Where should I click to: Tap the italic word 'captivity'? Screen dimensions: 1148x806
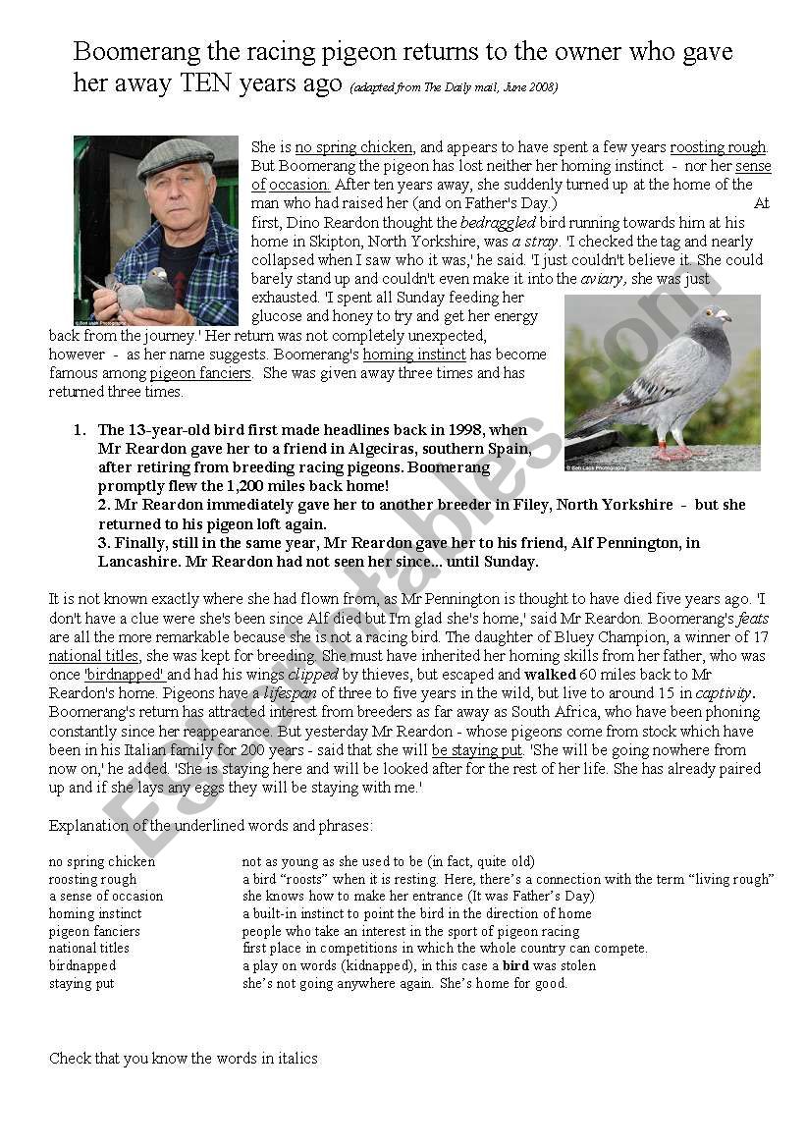(724, 693)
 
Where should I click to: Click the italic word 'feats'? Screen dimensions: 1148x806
(752, 619)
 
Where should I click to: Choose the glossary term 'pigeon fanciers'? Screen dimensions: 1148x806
(94, 931)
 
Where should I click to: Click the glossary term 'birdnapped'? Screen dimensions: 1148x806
(82, 965)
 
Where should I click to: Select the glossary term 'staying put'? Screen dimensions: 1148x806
(81, 983)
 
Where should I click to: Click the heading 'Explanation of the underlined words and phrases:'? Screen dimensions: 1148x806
(210, 826)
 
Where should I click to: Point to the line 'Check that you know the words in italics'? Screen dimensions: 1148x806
(183, 1058)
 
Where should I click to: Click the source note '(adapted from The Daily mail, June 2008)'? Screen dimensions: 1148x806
(454, 87)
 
